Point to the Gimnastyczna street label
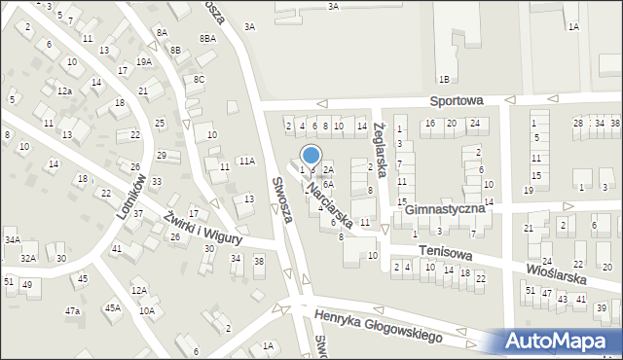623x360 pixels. (x=445, y=209)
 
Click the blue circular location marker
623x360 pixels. (x=311, y=155)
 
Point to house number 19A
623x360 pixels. (x=144, y=61)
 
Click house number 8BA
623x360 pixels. (x=207, y=38)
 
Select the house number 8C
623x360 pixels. (x=200, y=79)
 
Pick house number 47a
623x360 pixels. (x=72, y=310)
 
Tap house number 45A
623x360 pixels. (x=113, y=308)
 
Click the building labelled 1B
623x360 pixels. (x=444, y=78)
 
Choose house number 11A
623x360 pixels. (x=247, y=161)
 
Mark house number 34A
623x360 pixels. (x=12, y=239)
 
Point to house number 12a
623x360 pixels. (x=64, y=90)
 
